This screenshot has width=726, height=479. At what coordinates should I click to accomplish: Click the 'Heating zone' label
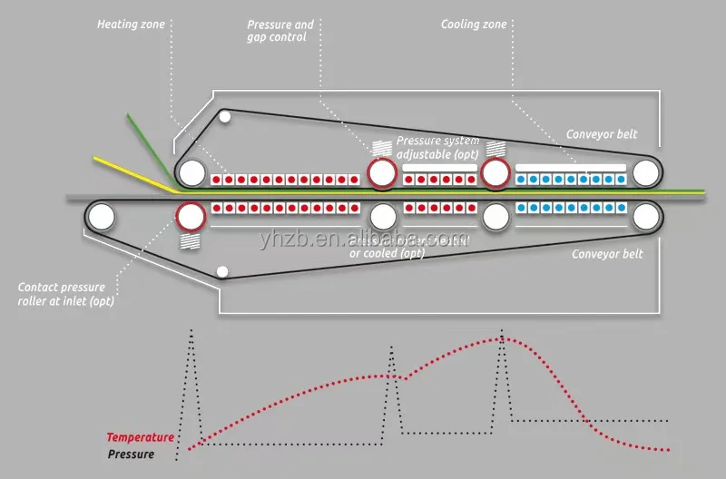(x=131, y=24)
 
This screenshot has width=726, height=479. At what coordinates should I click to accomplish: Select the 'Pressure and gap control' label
(x=280, y=31)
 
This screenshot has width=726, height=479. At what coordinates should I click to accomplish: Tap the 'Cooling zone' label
(x=473, y=24)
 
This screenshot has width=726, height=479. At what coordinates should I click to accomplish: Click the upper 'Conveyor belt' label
(x=602, y=134)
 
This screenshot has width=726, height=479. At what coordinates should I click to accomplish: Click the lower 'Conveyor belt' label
(x=607, y=254)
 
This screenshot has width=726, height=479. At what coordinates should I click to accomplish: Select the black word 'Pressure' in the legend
(x=131, y=454)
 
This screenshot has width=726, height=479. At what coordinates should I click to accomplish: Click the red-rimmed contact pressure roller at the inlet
(x=190, y=216)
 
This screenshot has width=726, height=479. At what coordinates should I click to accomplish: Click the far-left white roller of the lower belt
(x=100, y=216)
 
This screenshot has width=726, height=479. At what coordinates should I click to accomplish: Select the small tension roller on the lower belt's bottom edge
(x=223, y=271)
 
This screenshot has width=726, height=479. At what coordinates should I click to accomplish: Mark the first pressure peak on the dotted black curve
(x=191, y=332)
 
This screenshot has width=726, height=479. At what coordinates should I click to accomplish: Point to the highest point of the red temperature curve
(x=502, y=339)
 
